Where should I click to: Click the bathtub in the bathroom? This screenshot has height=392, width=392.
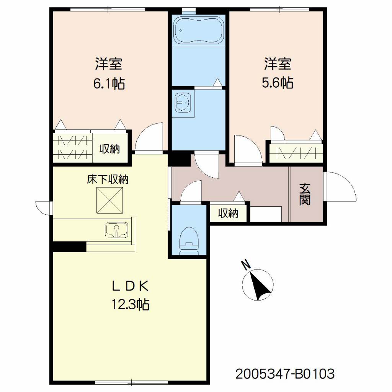199,31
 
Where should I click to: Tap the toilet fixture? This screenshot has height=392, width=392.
189,241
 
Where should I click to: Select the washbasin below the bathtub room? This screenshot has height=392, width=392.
183,103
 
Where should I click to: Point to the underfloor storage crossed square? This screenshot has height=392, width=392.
110,201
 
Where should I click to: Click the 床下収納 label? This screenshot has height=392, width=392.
108,179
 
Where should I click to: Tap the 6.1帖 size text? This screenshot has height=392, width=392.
109,83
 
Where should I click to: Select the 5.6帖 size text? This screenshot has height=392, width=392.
278,83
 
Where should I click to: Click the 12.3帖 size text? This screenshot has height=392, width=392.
130,304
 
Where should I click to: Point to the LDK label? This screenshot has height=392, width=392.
130,286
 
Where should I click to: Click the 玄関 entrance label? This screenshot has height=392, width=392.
305,194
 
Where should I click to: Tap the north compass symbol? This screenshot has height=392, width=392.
258,285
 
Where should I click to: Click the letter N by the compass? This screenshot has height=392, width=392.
246,265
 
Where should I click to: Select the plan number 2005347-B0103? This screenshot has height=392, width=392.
285,374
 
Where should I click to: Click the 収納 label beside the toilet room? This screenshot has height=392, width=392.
228,213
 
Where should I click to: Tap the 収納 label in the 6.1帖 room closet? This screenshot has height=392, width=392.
110,149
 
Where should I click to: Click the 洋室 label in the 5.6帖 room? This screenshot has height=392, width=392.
278,64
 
